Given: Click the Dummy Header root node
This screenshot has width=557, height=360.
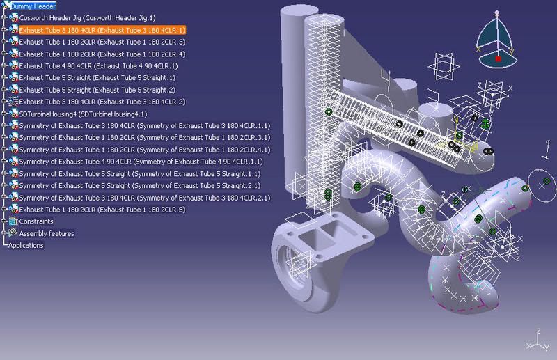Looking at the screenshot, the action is point(33,6).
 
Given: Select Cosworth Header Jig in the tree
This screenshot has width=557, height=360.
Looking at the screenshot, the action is point(87,18).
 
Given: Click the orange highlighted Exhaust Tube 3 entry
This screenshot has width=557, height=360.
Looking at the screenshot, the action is point(102,30).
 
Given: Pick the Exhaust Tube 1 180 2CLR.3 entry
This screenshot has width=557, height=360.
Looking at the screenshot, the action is point(102,42).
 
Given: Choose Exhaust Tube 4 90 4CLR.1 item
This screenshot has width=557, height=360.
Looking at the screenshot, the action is point(98,65).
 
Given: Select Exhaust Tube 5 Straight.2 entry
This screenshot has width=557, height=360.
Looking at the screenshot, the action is point(97,90).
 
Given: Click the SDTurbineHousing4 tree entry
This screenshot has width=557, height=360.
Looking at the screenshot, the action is point(83,114).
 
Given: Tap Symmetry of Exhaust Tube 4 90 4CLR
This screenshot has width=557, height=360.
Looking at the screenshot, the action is point(141,162).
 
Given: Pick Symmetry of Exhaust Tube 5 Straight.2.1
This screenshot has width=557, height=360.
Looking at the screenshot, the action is point(140,185).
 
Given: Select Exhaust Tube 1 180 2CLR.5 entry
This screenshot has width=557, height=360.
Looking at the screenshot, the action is point(102,210).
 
